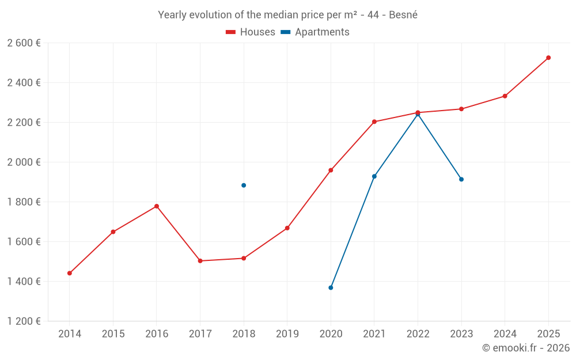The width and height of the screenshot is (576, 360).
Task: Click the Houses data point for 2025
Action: click(x=548, y=58)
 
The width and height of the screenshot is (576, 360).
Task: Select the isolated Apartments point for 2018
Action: click(x=244, y=185)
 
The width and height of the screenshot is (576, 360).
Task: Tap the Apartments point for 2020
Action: click(x=331, y=287)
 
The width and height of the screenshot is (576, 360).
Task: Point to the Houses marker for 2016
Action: click(x=157, y=206)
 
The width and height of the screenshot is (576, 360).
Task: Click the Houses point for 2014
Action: click(x=70, y=273)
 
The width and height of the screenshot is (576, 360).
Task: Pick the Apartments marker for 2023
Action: click(x=461, y=179)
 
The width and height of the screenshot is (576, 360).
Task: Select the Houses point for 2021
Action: click(x=374, y=122)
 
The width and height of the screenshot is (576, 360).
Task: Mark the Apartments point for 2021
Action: click(x=374, y=176)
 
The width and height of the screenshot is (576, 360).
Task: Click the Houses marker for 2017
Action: click(x=200, y=261)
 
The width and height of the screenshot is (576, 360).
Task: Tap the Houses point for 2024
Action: click(x=505, y=96)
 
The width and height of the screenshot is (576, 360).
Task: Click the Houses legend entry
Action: click(x=251, y=32)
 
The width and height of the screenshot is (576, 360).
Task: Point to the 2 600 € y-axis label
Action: click(x=24, y=43)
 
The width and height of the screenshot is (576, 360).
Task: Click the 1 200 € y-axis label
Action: click(x=24, y=321)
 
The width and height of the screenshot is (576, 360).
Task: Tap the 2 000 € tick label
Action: click(x=24, y=162)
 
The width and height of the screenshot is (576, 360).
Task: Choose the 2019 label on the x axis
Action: click(x=287, y=334)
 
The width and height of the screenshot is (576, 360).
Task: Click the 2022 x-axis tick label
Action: click(x=418, y=334)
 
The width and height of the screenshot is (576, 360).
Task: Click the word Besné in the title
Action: click(x=403, y=15)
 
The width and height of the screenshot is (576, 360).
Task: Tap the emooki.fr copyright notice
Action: click(x=525, y=348)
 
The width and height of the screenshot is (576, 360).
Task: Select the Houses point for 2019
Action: click(x=287, y=228)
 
